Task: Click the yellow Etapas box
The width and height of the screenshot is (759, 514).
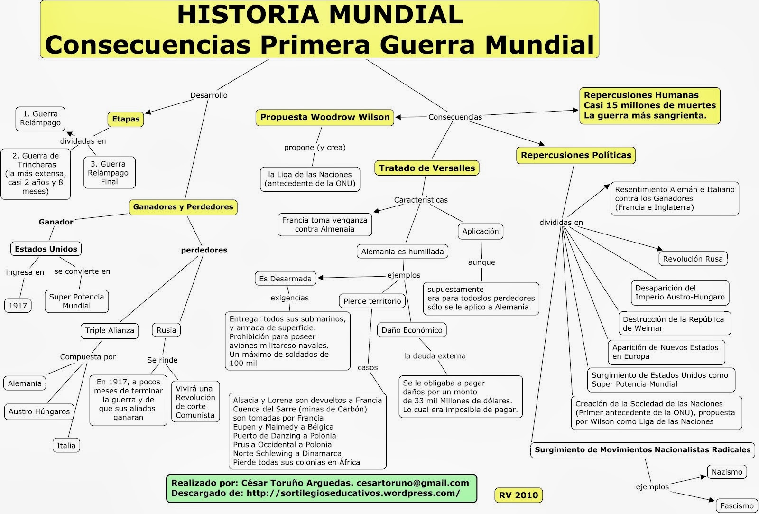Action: pyautogui.click(x=126, y=119)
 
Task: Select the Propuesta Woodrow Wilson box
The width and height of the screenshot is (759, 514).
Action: pyautogui.click(x=324, y=117)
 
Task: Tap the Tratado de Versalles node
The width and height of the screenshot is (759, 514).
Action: pyautogui.click(x=426, y=168)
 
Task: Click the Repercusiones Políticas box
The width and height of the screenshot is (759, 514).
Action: pyautogui.click(x=575, y=155)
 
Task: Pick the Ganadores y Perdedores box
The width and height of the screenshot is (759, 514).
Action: pyautogui.click(x=183, y=207)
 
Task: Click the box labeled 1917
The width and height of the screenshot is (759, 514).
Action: pyautogui.click(x=18, y=306)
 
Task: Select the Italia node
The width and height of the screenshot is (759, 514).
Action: pyautogui.click(x=66, y=445)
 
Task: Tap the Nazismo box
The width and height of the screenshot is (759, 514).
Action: pyautogui.click(x=727, y=472)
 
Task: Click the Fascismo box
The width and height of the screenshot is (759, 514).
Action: pyautogui.click(x=736, y=505)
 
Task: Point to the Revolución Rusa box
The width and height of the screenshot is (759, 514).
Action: pyautogui.click(x=693, y=259)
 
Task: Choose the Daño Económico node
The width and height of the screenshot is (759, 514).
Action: pyautogui.click(x=412, y=330)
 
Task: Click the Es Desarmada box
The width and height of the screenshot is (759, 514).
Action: pyautogui.click(x=285, y=279)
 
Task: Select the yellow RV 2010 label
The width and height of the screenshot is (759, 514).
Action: pyautogui.click(x=518, y=495)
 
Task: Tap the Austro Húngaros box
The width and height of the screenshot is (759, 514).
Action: pyautogui.click(x=39, y=411)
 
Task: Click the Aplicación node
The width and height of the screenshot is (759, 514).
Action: pyautogui.click(x=480, y=231)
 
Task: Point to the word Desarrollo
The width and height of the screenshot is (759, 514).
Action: pyautogui.click(x=209, y=95)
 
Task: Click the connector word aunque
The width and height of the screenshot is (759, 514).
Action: pyautogui.click(x=481, y=262)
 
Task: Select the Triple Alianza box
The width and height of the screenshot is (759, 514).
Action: pyautogui.click(x=110, y=330)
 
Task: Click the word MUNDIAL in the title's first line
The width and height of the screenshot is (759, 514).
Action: pyautogui.click(x=396, y=15)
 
